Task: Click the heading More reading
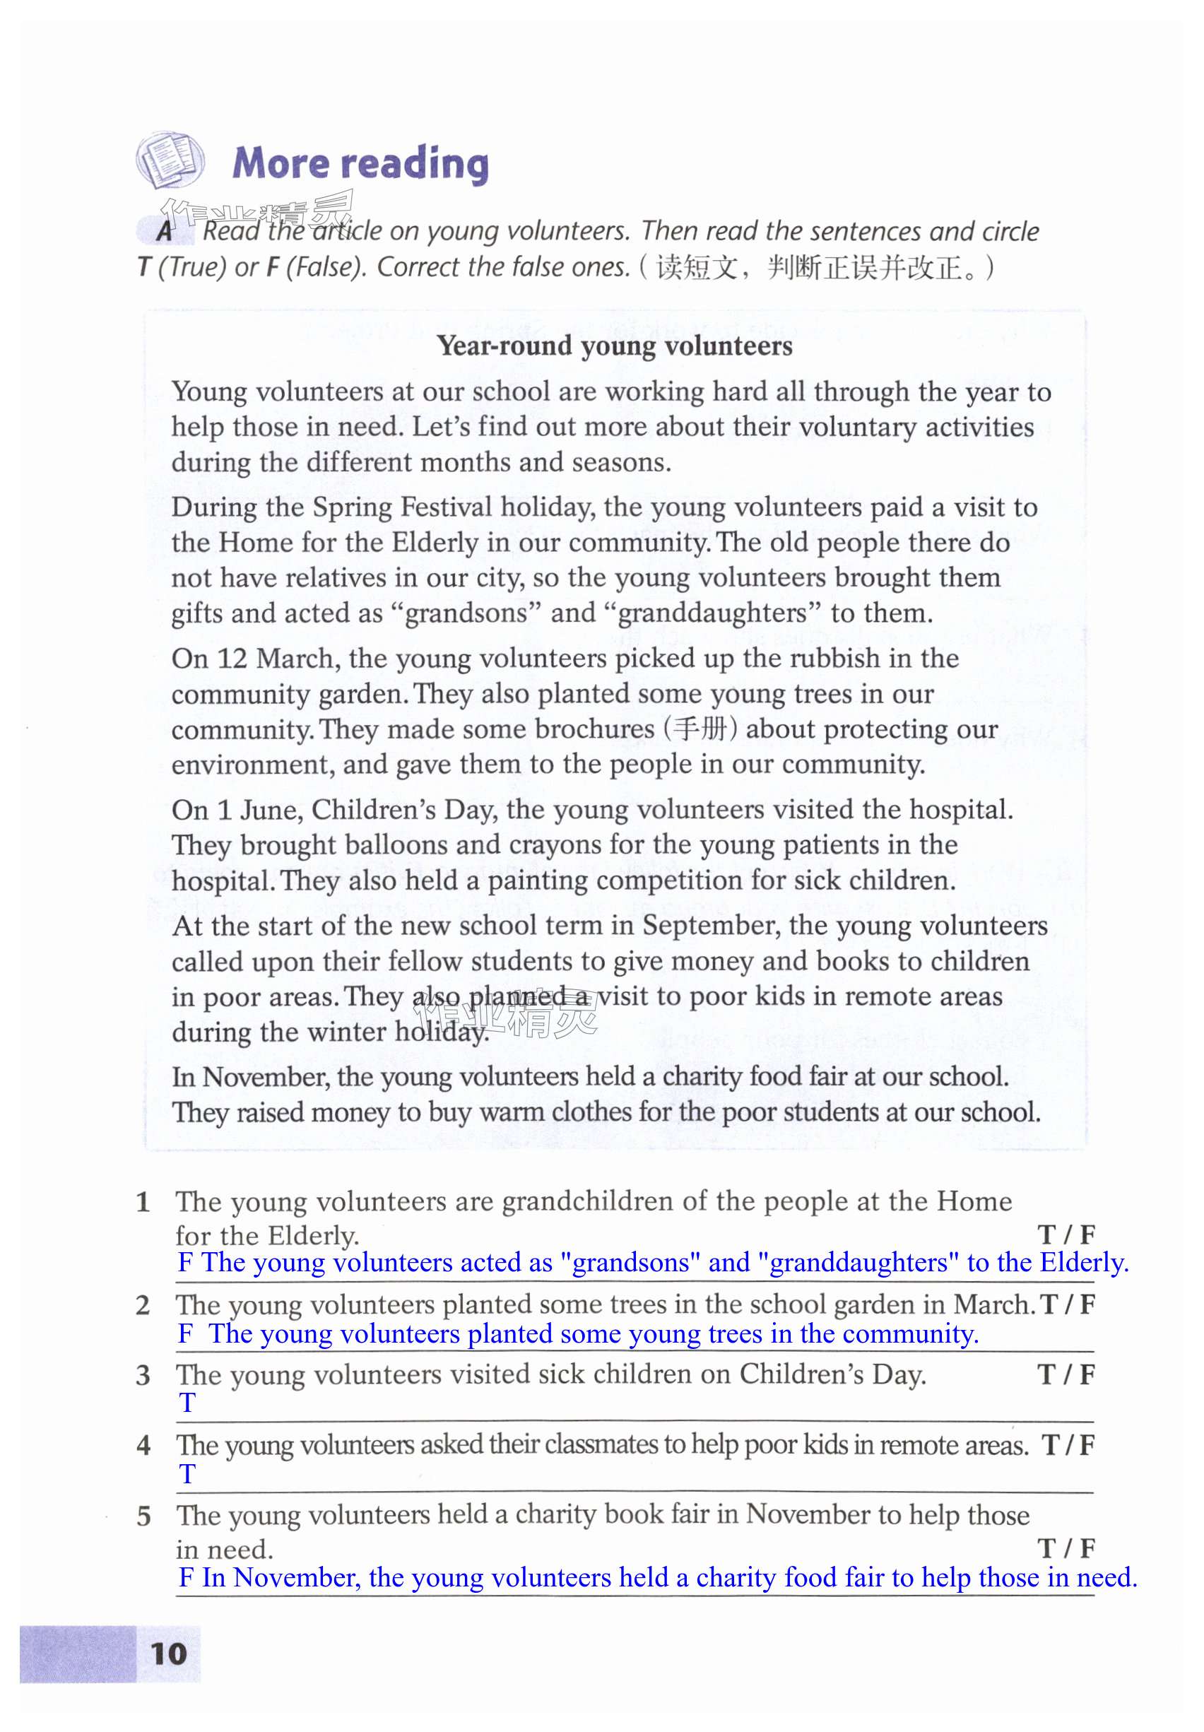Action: point(360,164)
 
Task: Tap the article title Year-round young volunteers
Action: point(615,346)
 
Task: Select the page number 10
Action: point(169,1654)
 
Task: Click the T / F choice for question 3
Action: point(1066,1374)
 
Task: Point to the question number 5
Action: point(144,1516)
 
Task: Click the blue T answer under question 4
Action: point(187,1473)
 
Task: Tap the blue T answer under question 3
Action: point(187,1402)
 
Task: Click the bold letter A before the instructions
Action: point(165,231)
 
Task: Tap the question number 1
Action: point(143,1203)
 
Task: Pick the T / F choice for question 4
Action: point(1068,1445)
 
